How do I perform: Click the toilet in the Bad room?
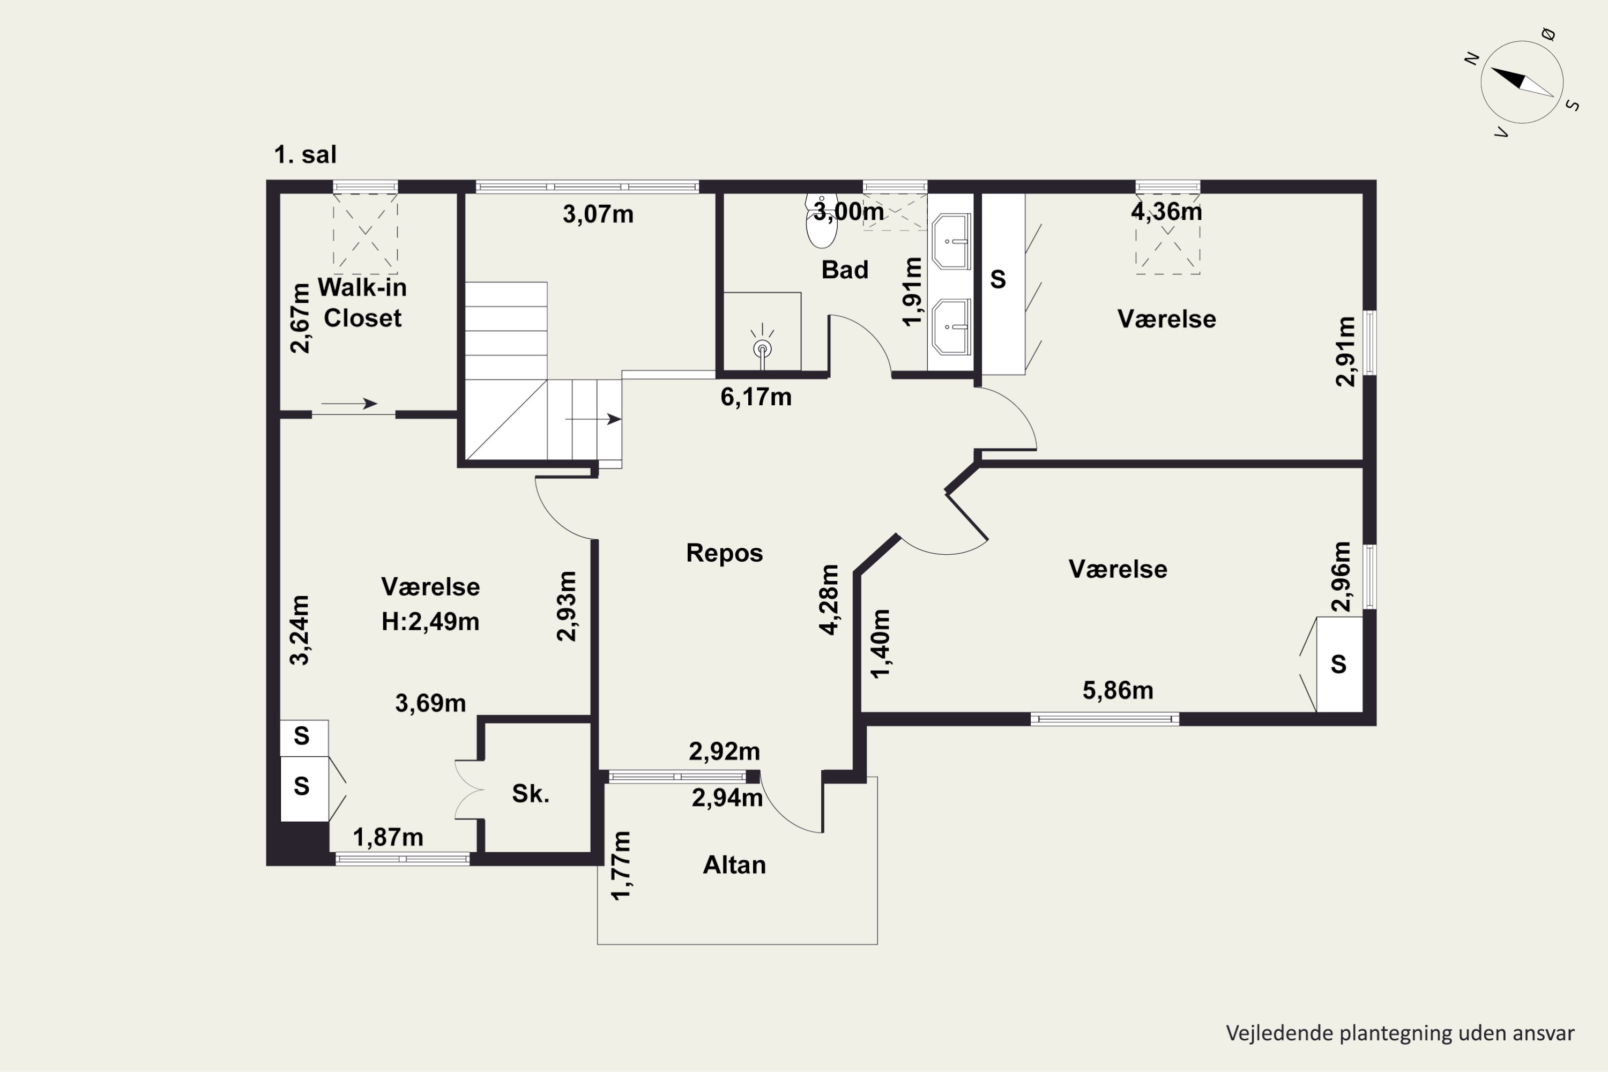tap(821, 221)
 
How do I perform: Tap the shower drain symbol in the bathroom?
tap(762, 349)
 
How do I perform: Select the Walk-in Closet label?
tap(362, 303)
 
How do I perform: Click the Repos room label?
tap(724, 553)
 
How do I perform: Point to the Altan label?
tap(734, 865)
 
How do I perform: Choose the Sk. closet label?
tap(531, 793)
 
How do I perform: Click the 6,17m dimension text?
tap(756, 397)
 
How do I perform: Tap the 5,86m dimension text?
tap(1118, 690)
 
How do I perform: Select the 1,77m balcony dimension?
tap(621, 866)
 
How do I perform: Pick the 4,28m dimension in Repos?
tap(829, 600)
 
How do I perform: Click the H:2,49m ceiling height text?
tap(430, 621)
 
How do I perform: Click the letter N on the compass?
tap(1472, 59)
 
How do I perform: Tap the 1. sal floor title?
tap(305, 154)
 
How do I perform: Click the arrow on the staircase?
tap(593, 419)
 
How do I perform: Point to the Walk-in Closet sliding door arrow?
tap(349, 404)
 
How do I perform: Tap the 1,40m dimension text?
tap(881, 643)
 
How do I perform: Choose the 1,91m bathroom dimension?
tap(913, 292)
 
